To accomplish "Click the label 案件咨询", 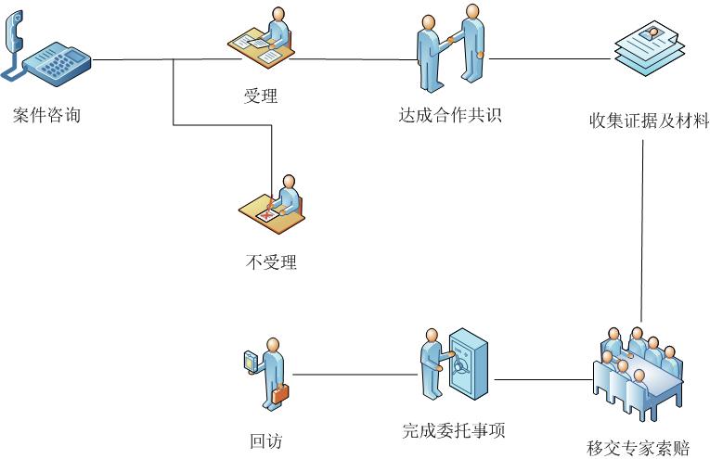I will pos(46,116).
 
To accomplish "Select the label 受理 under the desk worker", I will pos(260,96).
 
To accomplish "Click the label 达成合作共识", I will pos(450,116).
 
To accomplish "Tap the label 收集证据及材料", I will pos(649,121).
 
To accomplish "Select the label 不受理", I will pos(271,263).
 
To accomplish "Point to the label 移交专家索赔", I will pos(639,448).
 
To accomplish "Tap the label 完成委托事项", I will pos(453,430).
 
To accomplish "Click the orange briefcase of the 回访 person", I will pos(280,393).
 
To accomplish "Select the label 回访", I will pos(265,441).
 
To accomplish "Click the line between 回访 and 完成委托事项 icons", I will pos(355,376).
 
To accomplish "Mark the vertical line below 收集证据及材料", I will pos(643,232).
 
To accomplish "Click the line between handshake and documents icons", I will pos(550,60).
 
